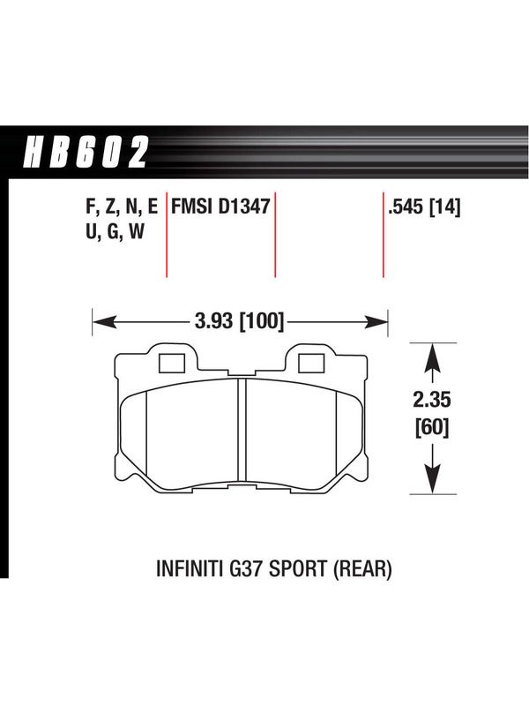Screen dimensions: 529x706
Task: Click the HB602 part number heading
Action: click(x=86, y=152)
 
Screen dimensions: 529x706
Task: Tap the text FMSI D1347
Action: click(x=220, y=207)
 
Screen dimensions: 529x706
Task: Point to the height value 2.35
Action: click(x=432, y=400)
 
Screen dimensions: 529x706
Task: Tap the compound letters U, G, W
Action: click(x=115, y=232)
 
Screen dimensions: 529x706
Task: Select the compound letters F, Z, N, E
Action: click(x=122, y=207)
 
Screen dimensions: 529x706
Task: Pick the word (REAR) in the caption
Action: click(x=362, y=568)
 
